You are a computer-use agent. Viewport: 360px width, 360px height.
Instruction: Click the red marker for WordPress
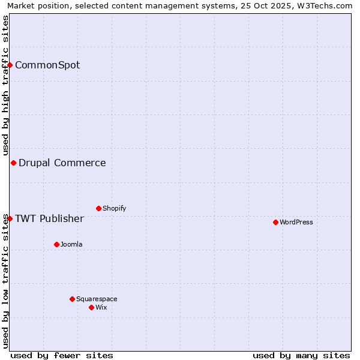click(x=275, y=222)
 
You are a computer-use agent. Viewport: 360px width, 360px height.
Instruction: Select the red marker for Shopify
click(x=98, y=208)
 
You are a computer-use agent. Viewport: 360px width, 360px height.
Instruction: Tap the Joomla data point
click(x=56, y=244)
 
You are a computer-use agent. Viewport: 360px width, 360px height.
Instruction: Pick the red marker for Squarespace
click(x=72, y=299)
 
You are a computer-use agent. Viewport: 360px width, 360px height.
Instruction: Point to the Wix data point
click(x=91, y=307)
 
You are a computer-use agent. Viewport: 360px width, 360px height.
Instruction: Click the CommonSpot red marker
click(x=10, y=65)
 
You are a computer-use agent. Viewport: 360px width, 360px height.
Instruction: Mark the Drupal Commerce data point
click(x=13, y=163)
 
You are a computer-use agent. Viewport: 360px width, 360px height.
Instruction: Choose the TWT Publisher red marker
click(x=10, y=218)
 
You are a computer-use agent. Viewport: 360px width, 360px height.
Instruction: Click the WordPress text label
click(x=296, y=222)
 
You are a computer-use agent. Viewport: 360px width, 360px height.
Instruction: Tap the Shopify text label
click(x=115, y=208)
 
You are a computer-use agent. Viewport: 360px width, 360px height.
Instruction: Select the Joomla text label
click(x=71, y=244)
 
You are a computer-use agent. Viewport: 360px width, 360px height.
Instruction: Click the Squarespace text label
click(x=97, y=299)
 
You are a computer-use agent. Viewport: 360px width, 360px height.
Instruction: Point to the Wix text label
click(x=101, y=307)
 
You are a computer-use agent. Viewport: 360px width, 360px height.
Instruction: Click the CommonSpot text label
click(x=47, y=65)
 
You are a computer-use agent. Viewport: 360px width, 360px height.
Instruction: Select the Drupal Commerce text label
click(x=62, y=163)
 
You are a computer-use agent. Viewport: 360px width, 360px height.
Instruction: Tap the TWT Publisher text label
click(x=49, y=218)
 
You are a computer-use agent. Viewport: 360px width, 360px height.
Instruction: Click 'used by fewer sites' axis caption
click(x=62, y=355)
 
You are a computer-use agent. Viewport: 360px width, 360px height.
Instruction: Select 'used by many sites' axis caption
click(x=301, y=355)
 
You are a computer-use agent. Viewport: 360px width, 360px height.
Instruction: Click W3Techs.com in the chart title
click(x=328, y=5)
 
